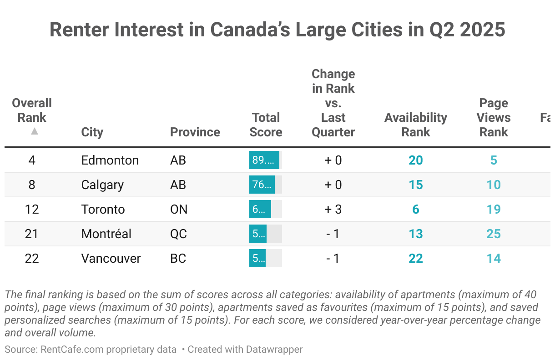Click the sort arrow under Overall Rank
point(34,131)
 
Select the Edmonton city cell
point(110,160)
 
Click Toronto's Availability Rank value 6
point(415,210)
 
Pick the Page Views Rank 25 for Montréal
point(493,234)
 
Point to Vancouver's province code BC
point(178,259)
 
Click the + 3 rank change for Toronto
point(333,210)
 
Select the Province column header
point(195,132)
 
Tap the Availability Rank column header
point(415,125)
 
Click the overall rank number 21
point(32,234)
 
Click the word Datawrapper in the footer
point(274,350)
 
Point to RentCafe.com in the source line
point(70,350)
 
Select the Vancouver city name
point(111,259)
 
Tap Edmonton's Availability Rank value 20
point(415,160)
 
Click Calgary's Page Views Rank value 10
point(493,185)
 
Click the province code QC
point(178,234)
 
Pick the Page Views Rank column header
point(493,118)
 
